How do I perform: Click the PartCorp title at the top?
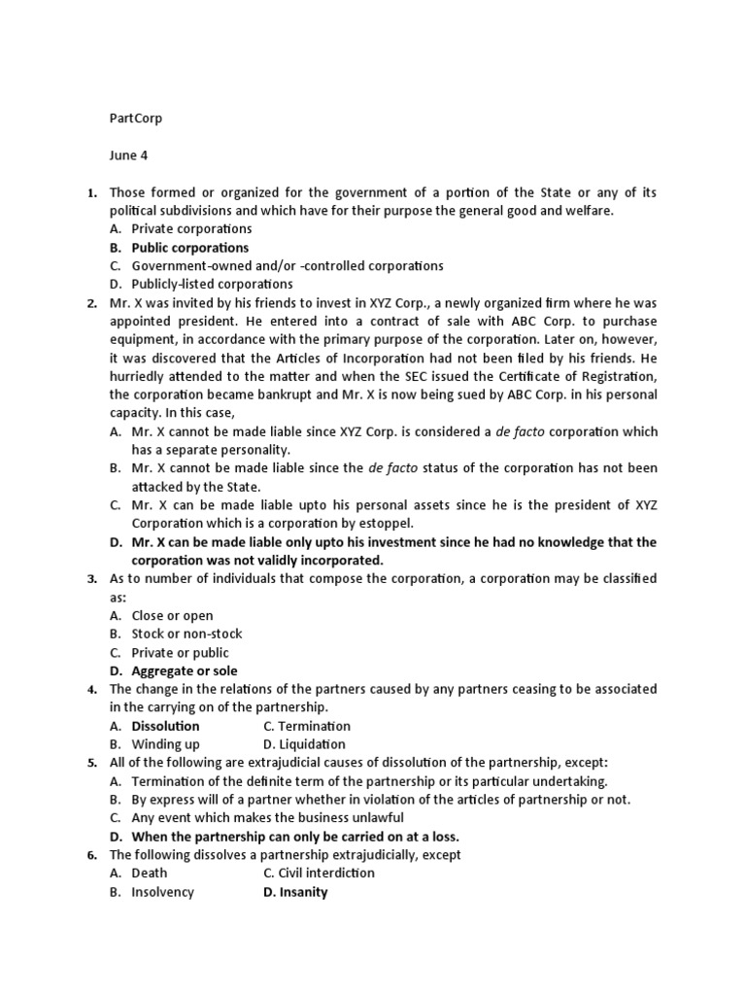[135, 119]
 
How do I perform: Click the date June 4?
[130, 155]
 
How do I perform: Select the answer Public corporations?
[190, 248]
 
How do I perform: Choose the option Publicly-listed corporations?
[212, 285]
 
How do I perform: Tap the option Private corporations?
[191, 229]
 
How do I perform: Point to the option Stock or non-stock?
[186, 635]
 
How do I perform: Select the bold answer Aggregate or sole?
[185, 671]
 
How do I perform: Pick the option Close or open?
[172, 616]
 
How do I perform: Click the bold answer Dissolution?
[165, 726]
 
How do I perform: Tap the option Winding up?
[166, 744]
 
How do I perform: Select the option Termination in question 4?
[307, 726]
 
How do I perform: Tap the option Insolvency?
[162, 892]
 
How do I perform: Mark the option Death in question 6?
[150, 874]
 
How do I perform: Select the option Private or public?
[181, 653]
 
